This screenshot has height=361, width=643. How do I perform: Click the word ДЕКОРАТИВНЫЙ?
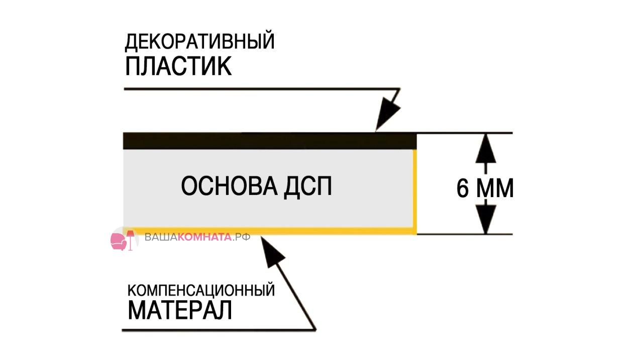200,42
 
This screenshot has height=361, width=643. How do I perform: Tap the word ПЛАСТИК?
178,66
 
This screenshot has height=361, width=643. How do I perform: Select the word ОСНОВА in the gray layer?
230,186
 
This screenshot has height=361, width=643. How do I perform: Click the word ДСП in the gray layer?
308,187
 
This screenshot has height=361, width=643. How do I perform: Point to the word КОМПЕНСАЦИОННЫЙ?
201,290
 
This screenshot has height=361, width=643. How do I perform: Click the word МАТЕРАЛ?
180,310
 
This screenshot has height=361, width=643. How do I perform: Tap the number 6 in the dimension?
463,189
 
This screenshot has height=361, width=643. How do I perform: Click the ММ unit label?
495,189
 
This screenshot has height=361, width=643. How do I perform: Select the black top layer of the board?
270,141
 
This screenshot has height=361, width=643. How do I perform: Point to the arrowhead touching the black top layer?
386,115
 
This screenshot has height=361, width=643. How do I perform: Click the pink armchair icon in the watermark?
118,241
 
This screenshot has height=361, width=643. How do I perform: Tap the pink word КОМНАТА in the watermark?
204,237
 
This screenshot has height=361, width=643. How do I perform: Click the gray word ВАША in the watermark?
161,237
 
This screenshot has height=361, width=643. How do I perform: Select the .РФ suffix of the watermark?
241,237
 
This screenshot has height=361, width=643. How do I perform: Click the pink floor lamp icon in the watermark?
131,240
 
